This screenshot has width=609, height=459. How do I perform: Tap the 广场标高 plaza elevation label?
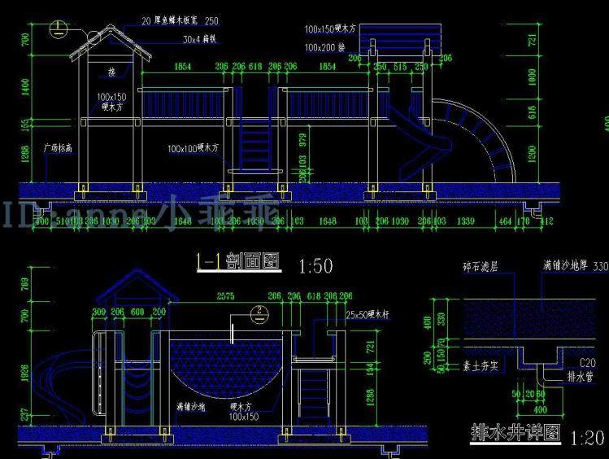[58, 149]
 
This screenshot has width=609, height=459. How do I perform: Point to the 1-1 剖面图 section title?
[237, 261]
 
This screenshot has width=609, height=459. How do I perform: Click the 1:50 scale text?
[316, 266]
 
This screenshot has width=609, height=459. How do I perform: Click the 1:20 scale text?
[587, 439]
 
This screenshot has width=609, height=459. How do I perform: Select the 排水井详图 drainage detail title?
[516, 433]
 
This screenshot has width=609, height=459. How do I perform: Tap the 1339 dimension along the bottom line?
[466, 221]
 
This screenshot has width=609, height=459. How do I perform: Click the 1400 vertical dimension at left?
[25, 86]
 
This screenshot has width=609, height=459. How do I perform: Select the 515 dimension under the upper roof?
[399, 66]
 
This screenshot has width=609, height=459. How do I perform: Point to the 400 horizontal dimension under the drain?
[537, 409]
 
